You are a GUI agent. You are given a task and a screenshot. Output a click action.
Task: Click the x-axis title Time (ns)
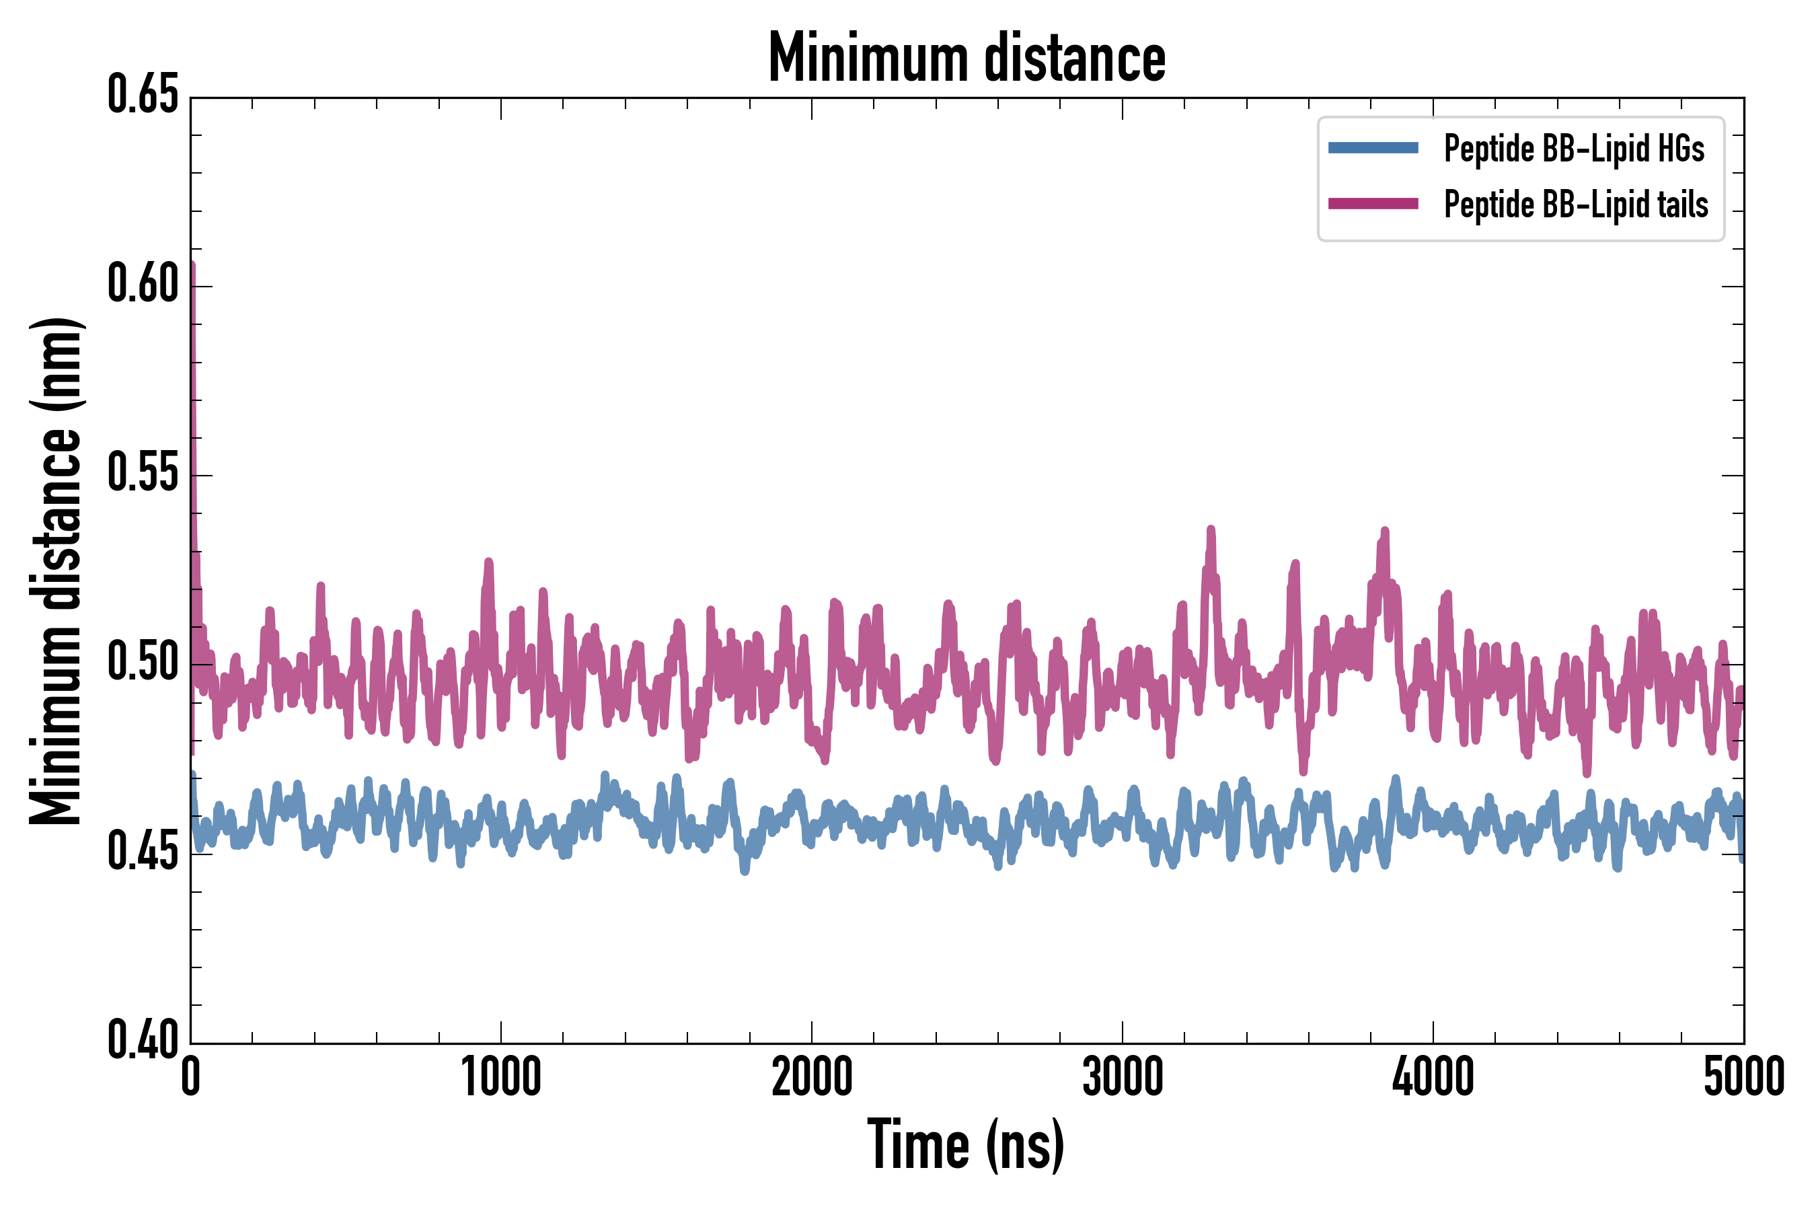point(966,1145)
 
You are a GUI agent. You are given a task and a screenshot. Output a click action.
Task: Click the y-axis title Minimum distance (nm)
point(56,571)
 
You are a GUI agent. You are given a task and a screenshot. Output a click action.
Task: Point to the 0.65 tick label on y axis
point(143,95)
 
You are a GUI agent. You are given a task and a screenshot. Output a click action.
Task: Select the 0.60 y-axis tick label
point(143,284)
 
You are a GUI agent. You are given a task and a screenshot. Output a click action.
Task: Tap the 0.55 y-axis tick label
point(143,474)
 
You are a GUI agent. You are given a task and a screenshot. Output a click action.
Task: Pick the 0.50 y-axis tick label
point(143,663)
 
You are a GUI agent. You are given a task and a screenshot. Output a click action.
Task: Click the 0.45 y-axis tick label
point(143,852)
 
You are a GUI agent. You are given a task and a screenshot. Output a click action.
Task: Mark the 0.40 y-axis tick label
point(143,1040)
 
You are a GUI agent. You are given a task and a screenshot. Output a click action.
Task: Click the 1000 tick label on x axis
point(501,1076)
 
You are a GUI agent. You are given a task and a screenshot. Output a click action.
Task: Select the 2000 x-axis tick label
point(812,1076)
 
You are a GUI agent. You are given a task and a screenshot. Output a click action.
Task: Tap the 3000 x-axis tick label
point(1122,1076)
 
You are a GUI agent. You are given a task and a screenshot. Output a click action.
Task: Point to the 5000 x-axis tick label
point(1743,1076)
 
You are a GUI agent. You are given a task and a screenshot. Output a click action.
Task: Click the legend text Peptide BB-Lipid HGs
point(1574,148)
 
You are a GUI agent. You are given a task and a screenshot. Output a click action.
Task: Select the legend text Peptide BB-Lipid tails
point(1576,205)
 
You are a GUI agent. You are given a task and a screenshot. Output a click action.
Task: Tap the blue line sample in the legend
point(1373,148)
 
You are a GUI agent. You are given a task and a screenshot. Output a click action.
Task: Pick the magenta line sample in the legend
point(1373,204)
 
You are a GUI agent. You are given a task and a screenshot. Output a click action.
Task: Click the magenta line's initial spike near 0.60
point(192,270)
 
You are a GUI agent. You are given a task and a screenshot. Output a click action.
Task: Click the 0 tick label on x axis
point(191,1076)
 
